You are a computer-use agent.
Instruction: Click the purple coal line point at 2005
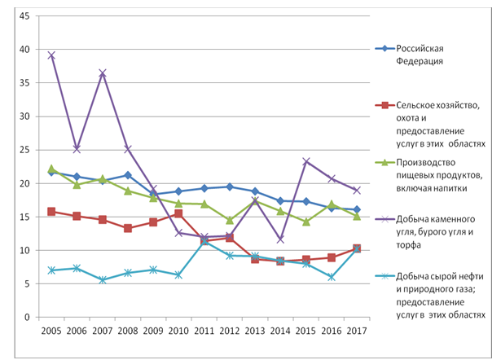[x=51, y=55]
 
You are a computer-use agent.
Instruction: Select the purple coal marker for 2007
[x=102, y=73]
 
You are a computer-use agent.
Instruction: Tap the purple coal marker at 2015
[x=305, y=161]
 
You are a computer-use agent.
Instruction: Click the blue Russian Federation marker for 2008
[x=128, y=175]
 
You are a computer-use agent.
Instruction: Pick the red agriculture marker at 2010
[x=178, y=213]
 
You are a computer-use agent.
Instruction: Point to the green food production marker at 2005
[x=51, y=169]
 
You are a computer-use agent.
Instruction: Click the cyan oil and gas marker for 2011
[x=204, y=241]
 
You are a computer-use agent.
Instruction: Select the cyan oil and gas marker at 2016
[x=331, y=277]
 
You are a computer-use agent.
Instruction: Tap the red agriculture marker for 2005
[x=51, y=211]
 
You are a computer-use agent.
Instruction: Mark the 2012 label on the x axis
[x=229, y=332]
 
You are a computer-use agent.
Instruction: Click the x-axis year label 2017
[x=356, y=332]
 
